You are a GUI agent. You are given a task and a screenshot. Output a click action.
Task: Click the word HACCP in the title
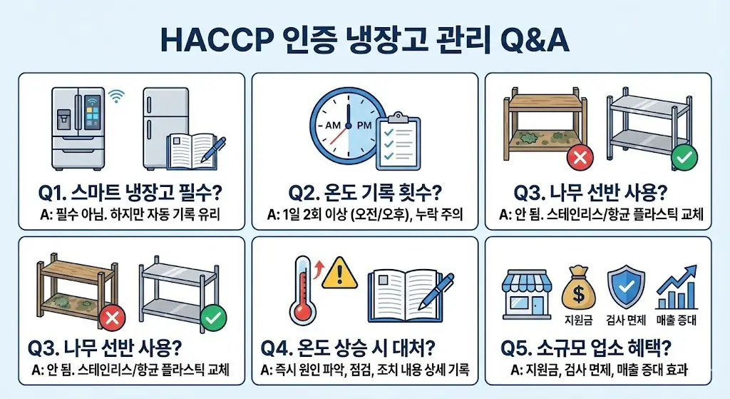pyautogui.click(x=217, y=40)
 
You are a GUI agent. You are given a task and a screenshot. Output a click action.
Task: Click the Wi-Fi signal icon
pyautogui.click(x=116, y=96)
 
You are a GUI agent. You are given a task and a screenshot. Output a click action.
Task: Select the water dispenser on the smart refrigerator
pyautogui.click(x=63, y=119)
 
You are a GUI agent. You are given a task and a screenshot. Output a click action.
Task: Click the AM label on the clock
pyautogui.click(x=333, y=126)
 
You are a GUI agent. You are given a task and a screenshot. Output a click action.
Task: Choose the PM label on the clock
pyautogui.click(x=364, y=126)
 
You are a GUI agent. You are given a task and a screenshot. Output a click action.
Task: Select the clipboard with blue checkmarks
pyautogui.click(x=398, y=141)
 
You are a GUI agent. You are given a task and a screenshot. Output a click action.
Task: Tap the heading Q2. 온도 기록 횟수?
pyautogui.click(x=365, y=193)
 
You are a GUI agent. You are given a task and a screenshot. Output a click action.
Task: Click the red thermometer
pyautogui.click(x=302, y=290)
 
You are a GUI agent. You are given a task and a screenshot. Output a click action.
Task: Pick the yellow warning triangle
pyautogui.click(x=340, y=273)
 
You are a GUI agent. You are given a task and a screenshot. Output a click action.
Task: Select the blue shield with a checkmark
pyautogui.click(x=626, y=286)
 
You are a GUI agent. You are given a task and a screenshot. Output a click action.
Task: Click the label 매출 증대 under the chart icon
pyautogui.click(x=676, y=320)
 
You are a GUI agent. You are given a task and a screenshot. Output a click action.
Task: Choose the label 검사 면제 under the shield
pyautogui.click(x=626, y=320)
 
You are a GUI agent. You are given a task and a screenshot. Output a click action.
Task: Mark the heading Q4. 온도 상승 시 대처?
pyautogui.click(x=348, y=348)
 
